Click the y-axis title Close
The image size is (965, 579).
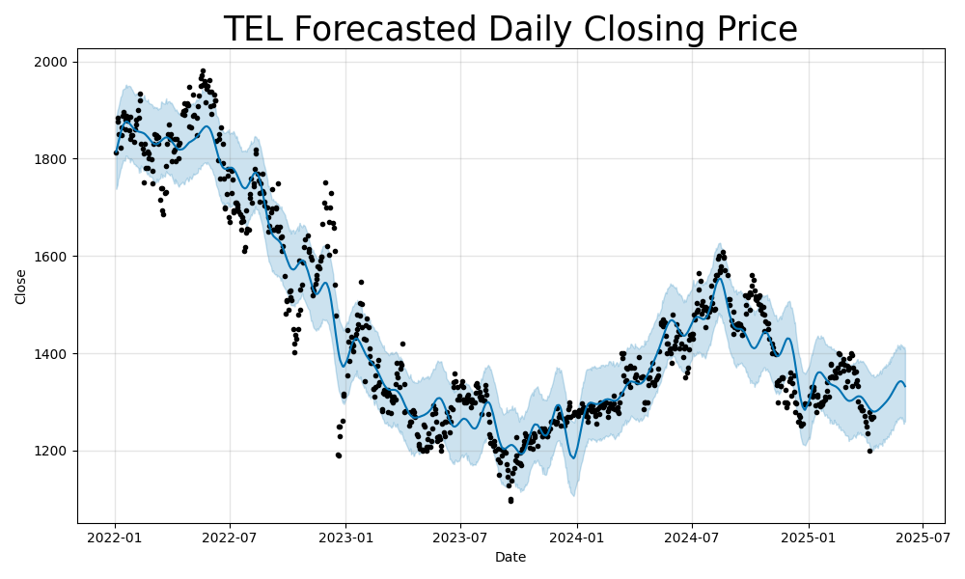tap(21, 287)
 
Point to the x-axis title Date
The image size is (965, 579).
tap(510, 557)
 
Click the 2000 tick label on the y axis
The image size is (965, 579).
tap(52, 62)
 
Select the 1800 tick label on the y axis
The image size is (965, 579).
tap(52, 159)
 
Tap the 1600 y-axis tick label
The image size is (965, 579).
tap(52, 257)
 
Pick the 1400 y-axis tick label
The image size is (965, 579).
tap(52, 354)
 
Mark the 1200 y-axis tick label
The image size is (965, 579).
tap(52, 452)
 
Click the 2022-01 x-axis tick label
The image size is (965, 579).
tap(116, 536)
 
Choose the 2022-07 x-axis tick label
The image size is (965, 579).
tap(230, 536)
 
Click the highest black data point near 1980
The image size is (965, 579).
tap(203, 70)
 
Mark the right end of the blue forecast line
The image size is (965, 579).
tap(905, 386)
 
